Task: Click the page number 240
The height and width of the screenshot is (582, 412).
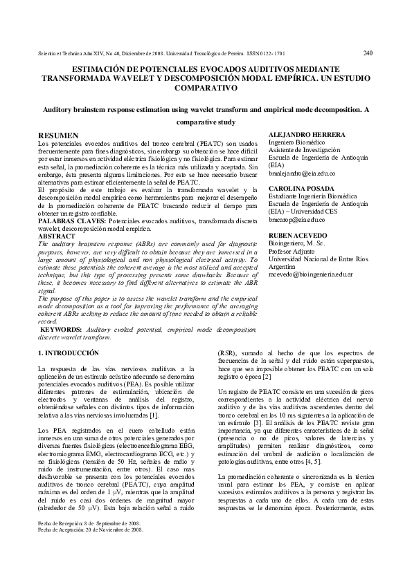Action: (368, 52)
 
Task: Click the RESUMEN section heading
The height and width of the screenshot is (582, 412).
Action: (58, 134)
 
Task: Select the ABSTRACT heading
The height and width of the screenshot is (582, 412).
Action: (53, 236)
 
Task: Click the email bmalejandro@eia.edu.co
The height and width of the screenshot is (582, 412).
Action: (301, 174)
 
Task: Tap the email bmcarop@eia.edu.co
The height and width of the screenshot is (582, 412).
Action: (296, 219)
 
